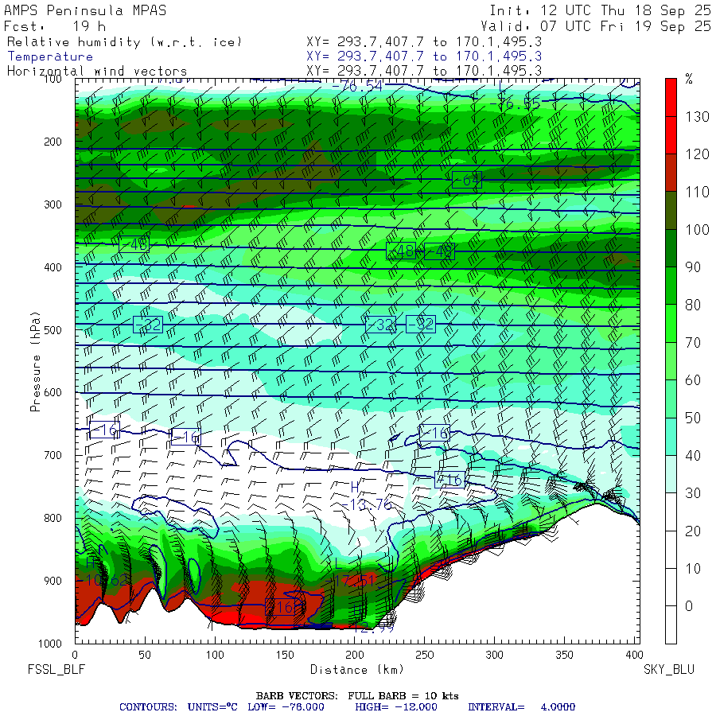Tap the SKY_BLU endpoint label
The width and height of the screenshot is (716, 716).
(x=668, y=670)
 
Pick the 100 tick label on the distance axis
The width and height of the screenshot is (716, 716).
(x=214, y=655)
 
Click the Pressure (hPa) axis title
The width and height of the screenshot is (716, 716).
(x=35, y=361)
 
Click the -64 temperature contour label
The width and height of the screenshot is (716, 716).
(x=466, y=180)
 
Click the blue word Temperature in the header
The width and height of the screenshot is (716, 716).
(x=50, y=56)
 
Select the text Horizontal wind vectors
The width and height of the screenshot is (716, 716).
(x=97, y=71)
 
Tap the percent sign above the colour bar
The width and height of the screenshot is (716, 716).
(x=689, y=79)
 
